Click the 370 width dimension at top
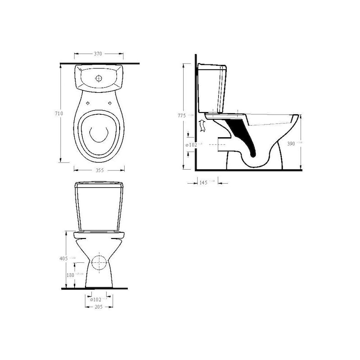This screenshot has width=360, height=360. tap(98, 54)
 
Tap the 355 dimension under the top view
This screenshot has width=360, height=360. tap(99, 170)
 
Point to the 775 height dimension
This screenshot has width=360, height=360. tap(181, 116)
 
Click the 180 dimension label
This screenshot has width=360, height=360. tap(71, 274)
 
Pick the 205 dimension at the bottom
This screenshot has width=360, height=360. tap(99, 306)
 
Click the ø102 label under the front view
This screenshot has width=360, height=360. tap(96, 299)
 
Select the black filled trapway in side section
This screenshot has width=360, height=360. tap(245, 137)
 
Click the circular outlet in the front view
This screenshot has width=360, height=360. tap(99, 262)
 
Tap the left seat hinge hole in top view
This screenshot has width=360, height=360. tap(87, 103)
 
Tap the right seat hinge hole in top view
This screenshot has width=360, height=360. tap(110, 103)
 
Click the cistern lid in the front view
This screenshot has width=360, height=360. tap(99, 184)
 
